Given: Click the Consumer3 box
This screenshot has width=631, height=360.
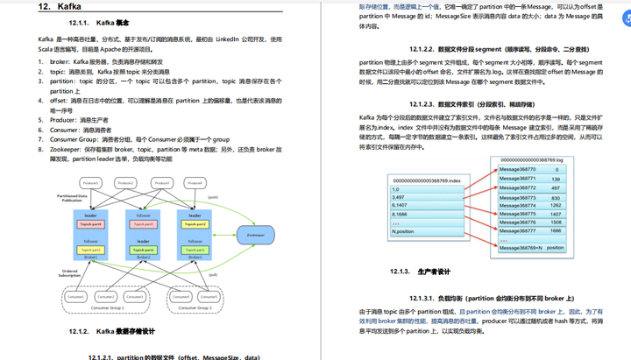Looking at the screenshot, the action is click(145, 298).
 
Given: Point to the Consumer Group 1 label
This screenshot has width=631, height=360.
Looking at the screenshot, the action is click(119, 308).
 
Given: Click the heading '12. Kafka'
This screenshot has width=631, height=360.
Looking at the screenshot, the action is click(60, 7).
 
